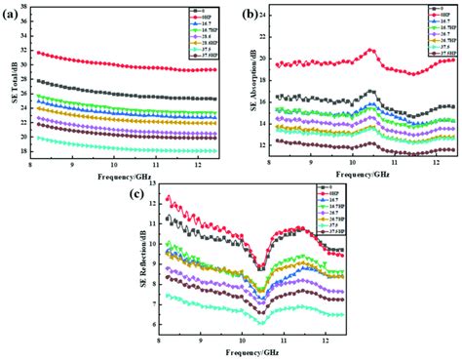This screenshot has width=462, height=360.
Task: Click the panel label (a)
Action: (14, 12)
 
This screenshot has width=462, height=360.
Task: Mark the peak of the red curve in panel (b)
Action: (370, 49)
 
